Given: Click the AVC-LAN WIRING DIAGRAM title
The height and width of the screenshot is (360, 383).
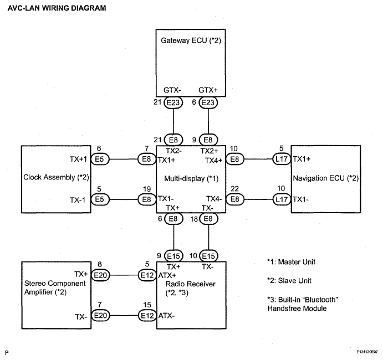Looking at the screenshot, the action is (x=57, y=8).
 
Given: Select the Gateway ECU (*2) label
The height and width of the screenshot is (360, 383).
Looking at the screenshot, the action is (x=191, y=40).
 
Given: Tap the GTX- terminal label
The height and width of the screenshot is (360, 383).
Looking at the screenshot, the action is (x=172, y=90).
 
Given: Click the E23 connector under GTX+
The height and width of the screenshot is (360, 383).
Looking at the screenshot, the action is (x=208, y=102).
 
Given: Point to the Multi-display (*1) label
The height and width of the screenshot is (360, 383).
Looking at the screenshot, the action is (x=191, y=179).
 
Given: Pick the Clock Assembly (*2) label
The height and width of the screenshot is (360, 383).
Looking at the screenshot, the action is (x=56, y=177).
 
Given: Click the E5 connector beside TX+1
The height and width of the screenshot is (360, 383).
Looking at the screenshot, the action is (x=100, y=159).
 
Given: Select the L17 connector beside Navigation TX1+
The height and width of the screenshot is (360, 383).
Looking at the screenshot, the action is (x=282, y=159).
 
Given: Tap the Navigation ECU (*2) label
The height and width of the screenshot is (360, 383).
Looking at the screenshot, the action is (x=325, y=178).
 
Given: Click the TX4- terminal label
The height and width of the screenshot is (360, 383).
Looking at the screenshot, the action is (x=214, y=199).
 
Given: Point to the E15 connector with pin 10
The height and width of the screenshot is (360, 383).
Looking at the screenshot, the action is (x=208, y=256).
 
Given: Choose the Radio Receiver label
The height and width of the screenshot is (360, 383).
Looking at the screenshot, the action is (x=190, y=284).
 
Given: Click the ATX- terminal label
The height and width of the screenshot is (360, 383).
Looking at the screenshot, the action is (x=166, y=316).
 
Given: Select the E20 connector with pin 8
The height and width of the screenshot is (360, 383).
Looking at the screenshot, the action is (x=100, y=275).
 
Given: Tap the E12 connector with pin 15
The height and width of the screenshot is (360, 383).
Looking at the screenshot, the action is (x=147, y=316).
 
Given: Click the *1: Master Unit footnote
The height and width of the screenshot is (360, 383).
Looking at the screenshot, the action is (x=291, y=262).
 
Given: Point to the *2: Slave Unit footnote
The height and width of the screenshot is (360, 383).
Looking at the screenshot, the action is (x=289, y=281).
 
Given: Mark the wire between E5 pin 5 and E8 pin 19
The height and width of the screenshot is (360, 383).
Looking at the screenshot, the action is (x=123, y=199).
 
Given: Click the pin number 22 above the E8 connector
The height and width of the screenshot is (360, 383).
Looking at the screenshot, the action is (x=234, y=189).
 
